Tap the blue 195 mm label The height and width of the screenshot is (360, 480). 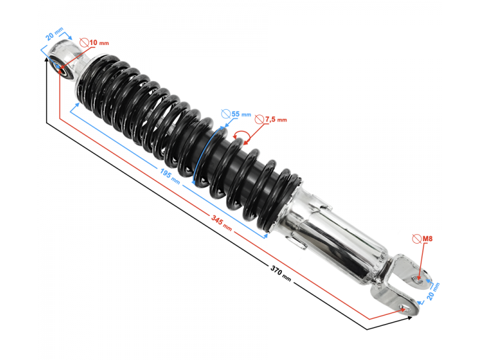click(x=168, y=175)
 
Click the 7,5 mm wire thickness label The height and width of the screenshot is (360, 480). click(x=276, y=119)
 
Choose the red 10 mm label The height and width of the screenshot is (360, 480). click(x=100, y=43)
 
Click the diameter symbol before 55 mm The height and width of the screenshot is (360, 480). click(x=226, y=113)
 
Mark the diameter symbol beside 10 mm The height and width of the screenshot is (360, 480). click(x=85, y=43)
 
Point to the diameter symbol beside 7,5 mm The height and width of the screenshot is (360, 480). click(x=260, y=119)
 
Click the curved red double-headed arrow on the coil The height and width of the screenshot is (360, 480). click(x=241, y=137)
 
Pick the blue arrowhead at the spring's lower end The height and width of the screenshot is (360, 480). click(x=265, y=236)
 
